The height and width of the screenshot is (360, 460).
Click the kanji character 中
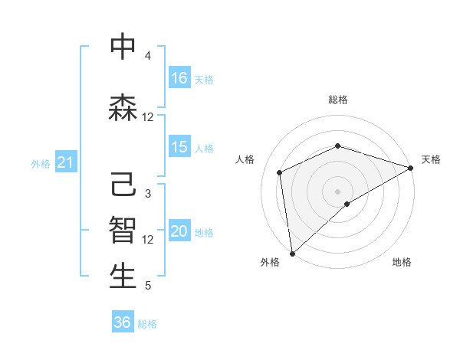pos(123,47)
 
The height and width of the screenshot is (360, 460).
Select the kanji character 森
pos(123,108)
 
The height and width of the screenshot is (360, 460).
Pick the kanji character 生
pos(123,277)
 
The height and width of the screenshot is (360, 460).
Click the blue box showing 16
pos(179,78)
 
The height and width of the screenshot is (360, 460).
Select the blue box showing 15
pos(179,147)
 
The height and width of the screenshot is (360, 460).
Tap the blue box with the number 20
pos(179,232)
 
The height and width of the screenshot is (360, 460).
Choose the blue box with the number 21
pos(65,162)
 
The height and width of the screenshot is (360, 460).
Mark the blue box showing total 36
pos(123,322)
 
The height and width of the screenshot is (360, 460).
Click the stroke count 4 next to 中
pos(148,56)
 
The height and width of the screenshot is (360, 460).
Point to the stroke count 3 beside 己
pos(148,194)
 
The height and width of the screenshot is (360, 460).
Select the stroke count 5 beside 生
pos(148,286)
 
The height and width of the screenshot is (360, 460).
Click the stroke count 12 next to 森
pos(148,117)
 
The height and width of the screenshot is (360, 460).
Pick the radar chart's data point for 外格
pos(292,253)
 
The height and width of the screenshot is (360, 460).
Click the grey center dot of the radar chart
pos(337,191)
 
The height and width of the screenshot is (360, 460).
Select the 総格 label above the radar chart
pos(337,100)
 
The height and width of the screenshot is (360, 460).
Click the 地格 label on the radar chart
pos(402,263)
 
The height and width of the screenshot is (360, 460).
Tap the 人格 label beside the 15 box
pos(204,148)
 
